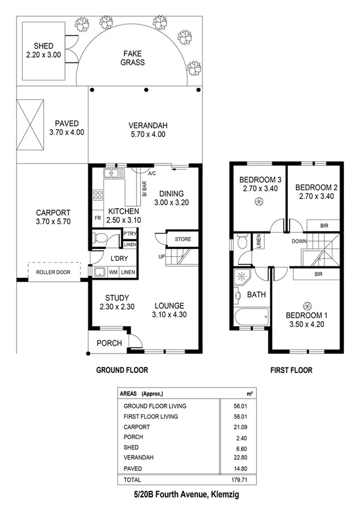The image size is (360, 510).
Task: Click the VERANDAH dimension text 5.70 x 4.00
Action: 147,134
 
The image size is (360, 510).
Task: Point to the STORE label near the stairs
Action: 183,239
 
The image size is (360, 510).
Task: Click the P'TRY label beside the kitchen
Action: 129,234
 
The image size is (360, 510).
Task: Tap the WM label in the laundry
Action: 113,272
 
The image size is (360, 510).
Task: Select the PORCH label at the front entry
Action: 109,343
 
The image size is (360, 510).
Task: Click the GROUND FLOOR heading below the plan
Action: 122,370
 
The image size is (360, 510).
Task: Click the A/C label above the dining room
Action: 152,174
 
